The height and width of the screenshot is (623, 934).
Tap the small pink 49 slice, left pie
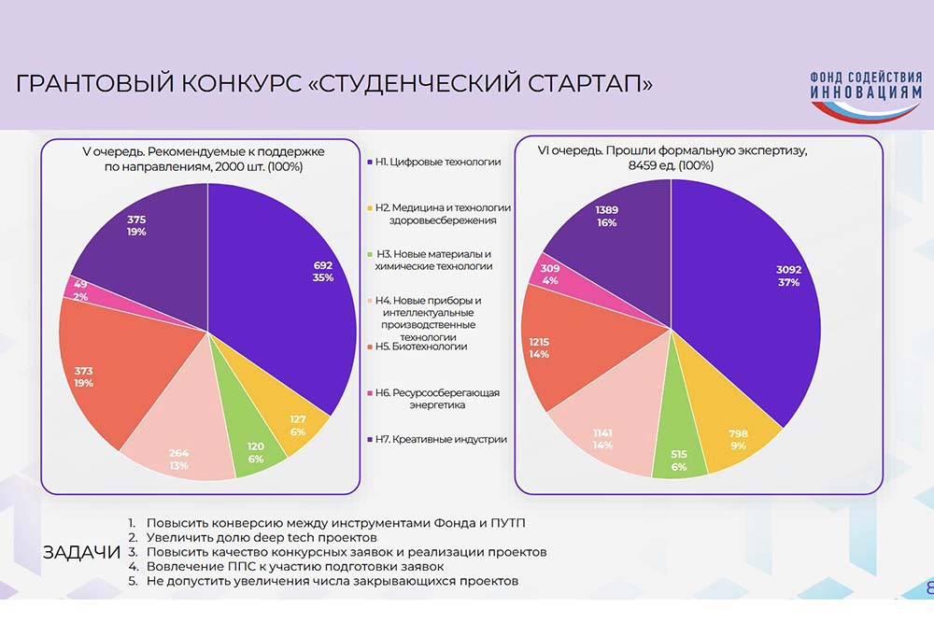point(78,288)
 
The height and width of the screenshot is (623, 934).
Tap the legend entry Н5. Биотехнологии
point(421,347)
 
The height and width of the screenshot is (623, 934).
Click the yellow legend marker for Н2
point(370,207)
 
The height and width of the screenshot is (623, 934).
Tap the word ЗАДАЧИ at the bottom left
point(81,552)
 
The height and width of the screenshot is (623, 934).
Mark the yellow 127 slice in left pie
point(299,425)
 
